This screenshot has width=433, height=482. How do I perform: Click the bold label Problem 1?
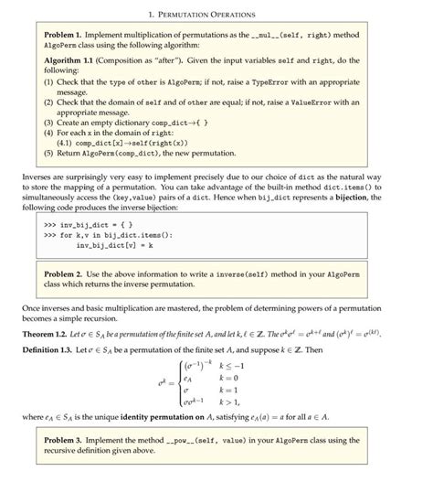click(64, 35)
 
